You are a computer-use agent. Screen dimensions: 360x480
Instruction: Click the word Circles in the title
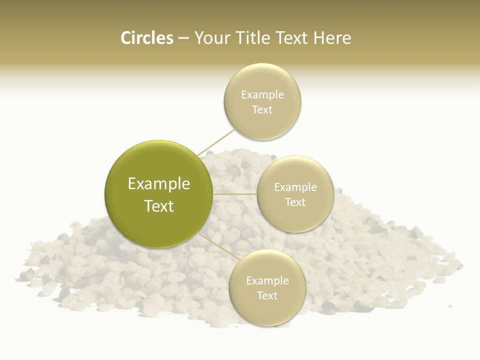point(147,38)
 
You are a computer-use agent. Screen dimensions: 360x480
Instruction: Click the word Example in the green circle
point(159,184)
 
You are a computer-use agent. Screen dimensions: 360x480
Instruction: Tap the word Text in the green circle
point(159,206)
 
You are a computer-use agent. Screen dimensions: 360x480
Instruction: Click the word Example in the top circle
point(262,95)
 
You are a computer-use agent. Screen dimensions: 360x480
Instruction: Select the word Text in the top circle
point(262,110)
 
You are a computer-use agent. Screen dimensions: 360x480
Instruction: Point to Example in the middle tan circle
point(295,187)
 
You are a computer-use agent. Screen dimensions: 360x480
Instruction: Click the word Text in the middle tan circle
point(295,202)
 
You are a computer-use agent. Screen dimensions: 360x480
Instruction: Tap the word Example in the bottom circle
point(267,281)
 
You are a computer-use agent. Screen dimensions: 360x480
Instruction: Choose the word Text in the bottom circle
point(267,296)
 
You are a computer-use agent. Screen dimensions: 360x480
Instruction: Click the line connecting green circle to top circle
point(216,142)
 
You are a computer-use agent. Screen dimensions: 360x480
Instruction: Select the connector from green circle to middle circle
point(235,194)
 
